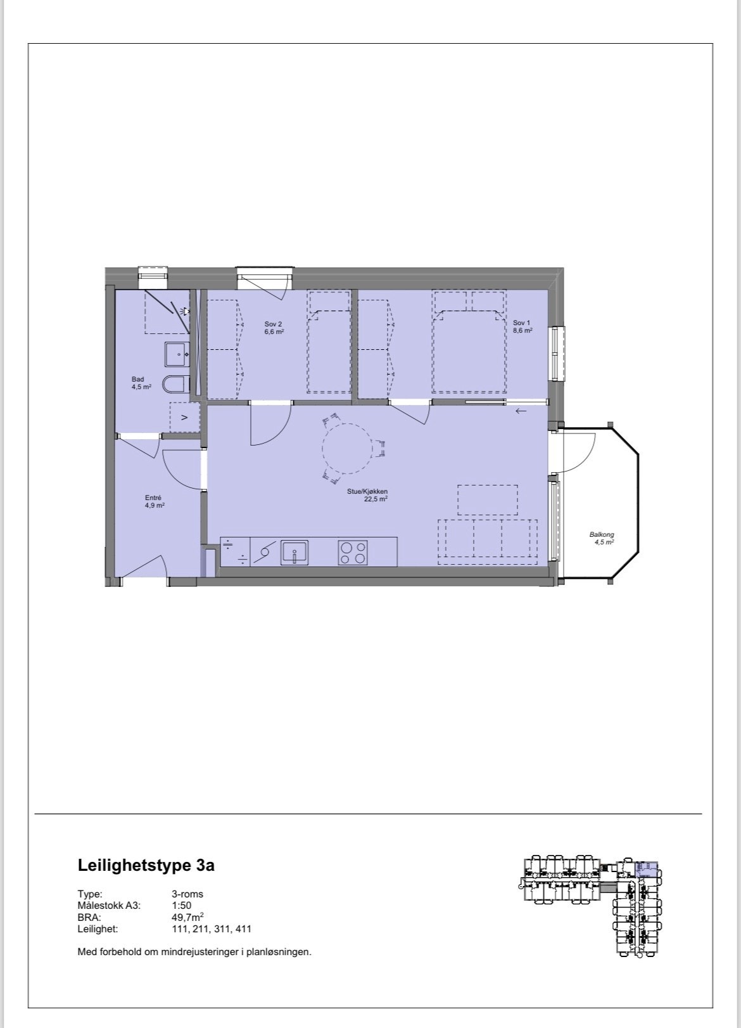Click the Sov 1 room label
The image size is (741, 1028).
522,326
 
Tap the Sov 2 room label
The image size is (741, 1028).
274,327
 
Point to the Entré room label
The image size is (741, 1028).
154,501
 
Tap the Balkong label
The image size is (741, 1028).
602,538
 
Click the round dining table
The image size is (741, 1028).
348,449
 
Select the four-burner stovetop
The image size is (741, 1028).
353,551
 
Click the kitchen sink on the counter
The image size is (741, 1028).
294,551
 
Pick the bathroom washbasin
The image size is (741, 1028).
177,354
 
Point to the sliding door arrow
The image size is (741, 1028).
521,411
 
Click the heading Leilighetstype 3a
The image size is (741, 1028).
146,865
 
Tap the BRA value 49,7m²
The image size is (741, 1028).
187,917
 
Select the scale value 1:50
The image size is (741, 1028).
181,906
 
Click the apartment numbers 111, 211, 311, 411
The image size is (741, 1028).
211,929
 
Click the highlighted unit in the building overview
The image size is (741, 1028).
647,868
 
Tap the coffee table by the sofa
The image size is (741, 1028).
487,500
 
